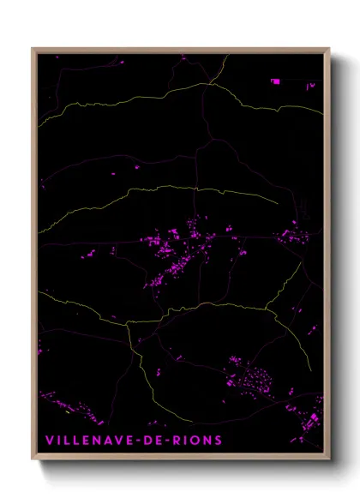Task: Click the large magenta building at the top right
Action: coord(275,81)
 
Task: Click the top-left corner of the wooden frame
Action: coord(33,49)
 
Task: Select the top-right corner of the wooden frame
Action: coord(329,49)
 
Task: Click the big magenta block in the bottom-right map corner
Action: coord(315,418)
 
